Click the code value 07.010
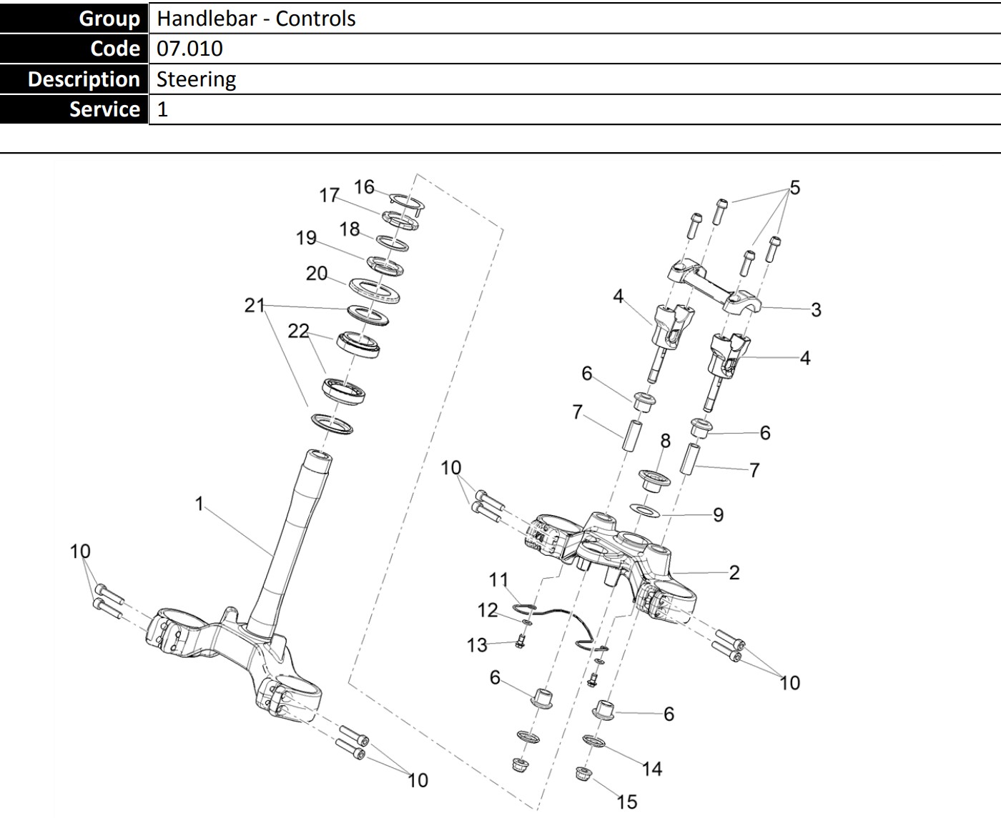pyautogui.click(x=189, y=49)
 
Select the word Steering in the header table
pyautogui.click(x=196, y=79)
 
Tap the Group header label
pyautogui.click(x=109, y=18)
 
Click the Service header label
pyautogui.click(x=104, y=109)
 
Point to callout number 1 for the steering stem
pyautogui.click(x=199, y=504)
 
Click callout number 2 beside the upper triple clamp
pyautogui.click(x=734, y=572)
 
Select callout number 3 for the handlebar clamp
pyautogui.click(x=816, y=310)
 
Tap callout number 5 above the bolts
pyautogui.click(x=794, y=188)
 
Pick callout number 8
pyautogui.click(x=665, y=441)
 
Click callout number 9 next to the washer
pyautogui.click(x=718, y=515)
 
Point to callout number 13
pyautogui.click(x=477, y=645)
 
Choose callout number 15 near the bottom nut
pyautogui.click(x=626, y=802)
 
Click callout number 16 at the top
pyautogui.click(x=364, y=186)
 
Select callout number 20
pyautogui.click(x=317, y=274)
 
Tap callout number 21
pyautogui.click(x=255, y=305)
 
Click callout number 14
pyautogui.click(x=652, y=769)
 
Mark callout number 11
pyautogui.click(x=498, y=578)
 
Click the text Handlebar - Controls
pyautogui.click(x=256, y=18)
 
